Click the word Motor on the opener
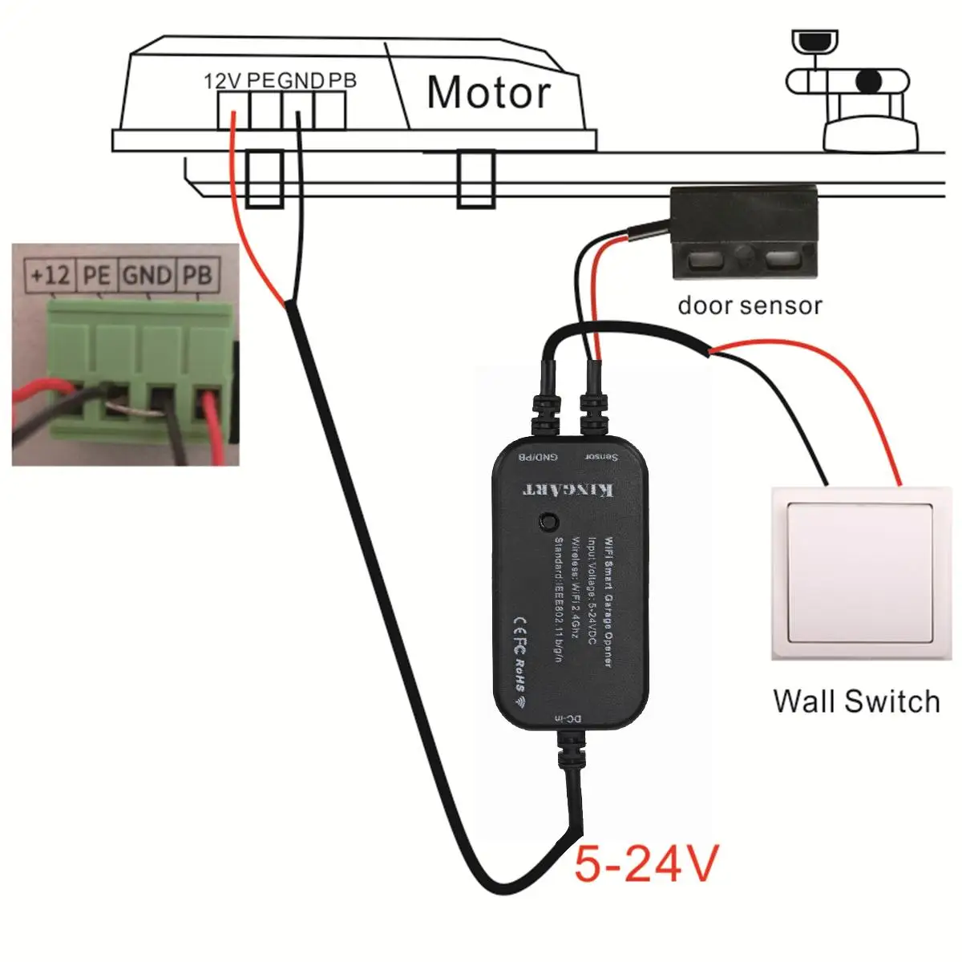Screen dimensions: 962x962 point(488,93)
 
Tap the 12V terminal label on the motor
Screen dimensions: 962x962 point(223,81)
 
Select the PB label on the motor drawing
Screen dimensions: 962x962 point(342,80)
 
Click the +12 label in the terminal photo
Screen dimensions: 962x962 point(50,276)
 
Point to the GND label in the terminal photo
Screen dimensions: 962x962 point(147,276)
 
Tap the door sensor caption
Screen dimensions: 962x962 point(750,305)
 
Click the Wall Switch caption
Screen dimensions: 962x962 point(856,701)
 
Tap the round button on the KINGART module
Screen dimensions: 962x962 point(549,521)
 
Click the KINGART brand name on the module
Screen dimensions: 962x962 point(569,488)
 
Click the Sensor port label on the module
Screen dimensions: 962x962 point(601,457)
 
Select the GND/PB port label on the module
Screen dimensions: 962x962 point(538,457)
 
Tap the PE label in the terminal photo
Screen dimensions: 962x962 point(96,276)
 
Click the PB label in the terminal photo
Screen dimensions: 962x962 point(196,276)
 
